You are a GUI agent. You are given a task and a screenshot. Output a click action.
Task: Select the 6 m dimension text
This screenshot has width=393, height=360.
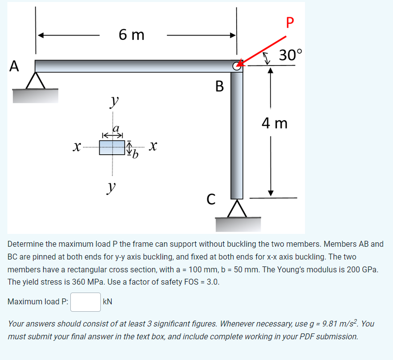coord(131,35)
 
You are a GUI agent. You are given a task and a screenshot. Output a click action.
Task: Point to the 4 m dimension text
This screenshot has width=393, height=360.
coord(274,123)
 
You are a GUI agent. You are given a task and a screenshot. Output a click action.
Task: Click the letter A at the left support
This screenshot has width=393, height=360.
coord(14,65)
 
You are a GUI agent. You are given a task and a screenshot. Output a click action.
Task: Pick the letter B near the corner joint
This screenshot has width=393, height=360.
coord(220,87)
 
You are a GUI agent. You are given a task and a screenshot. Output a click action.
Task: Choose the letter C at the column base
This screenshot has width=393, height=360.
coord(211,199)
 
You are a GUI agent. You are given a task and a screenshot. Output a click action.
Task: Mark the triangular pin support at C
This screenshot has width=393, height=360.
coord(237,208)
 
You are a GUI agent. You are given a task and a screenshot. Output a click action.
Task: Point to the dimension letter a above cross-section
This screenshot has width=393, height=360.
coord(117,129)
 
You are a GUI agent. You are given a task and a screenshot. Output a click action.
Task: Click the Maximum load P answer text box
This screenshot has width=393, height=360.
coord(86,302)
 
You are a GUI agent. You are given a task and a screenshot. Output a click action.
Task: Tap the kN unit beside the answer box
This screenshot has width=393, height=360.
coord(108,302)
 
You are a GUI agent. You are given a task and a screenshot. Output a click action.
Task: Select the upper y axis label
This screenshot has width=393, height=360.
coord(114,102)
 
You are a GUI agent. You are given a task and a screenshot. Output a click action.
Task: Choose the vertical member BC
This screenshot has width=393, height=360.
coord(237,133)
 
